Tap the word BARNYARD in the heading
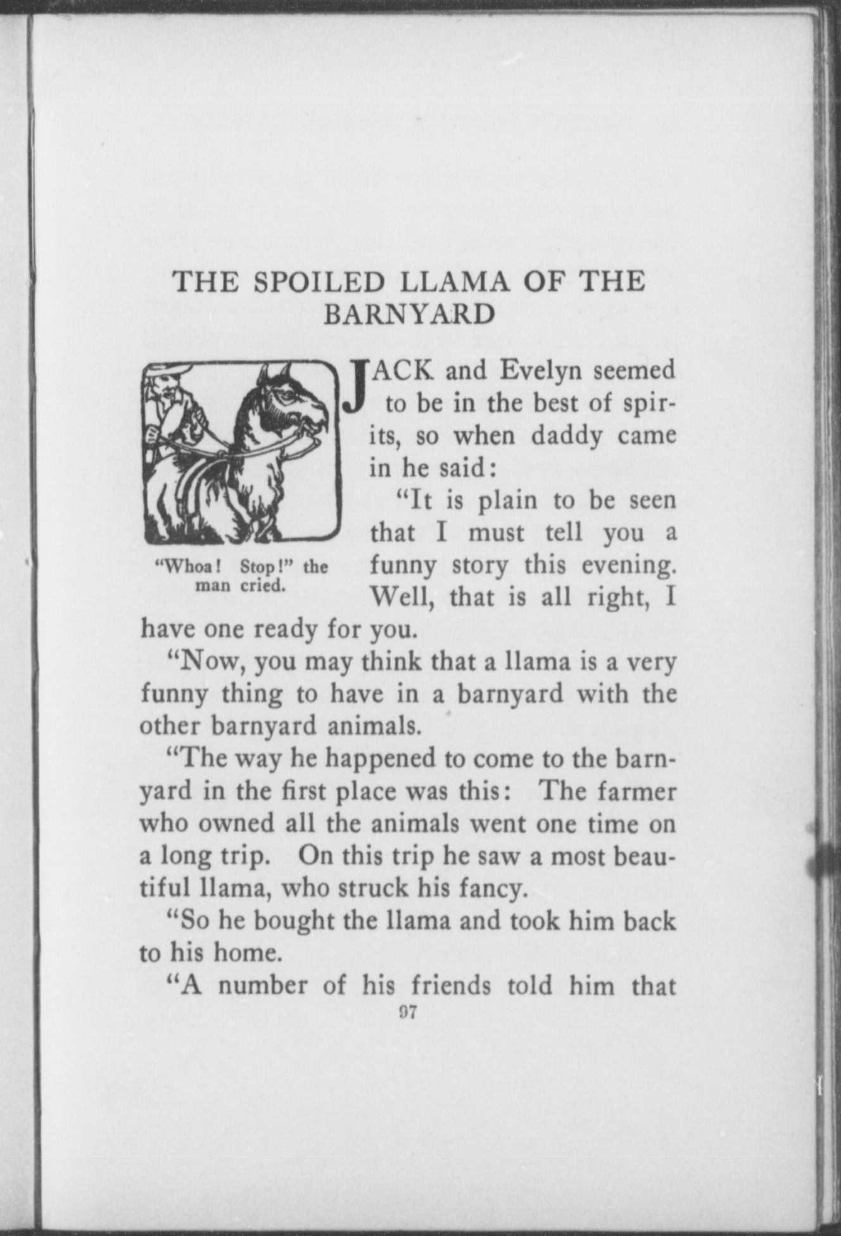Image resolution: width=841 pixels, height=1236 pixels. pos(408,315)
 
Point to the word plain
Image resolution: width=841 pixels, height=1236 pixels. pos(507,501)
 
